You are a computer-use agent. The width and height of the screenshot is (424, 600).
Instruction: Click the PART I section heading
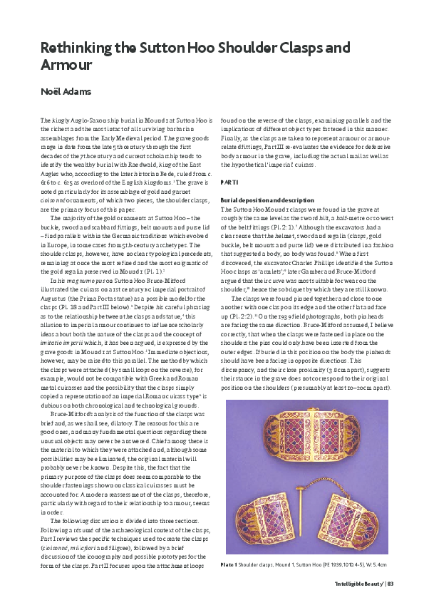tap(229, 181)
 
